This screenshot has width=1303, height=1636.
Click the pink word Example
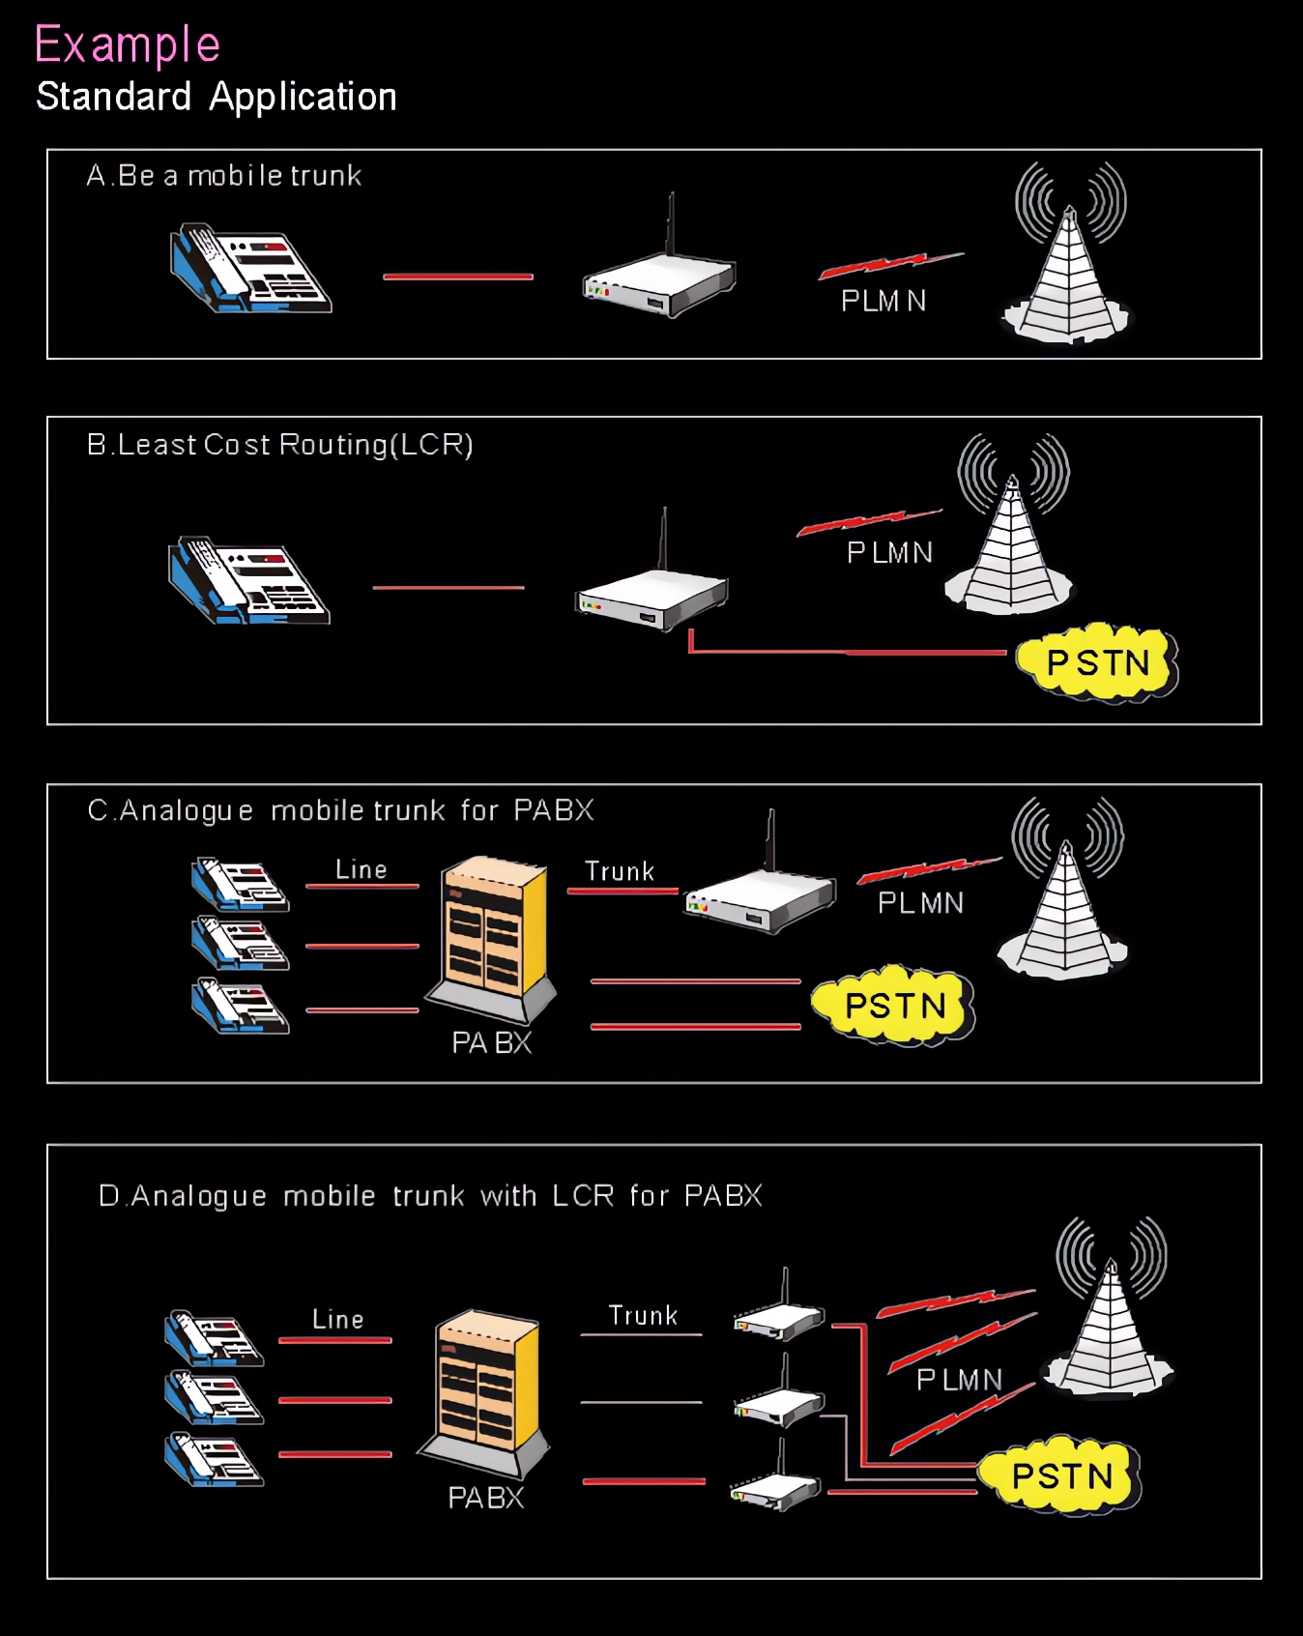pos(128,44)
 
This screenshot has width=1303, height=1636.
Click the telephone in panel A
pos(250,268)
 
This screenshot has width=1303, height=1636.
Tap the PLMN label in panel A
pos(883,302)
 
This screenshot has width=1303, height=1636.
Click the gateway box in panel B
pos(652,595)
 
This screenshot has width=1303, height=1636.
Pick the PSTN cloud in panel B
pos(1097,663)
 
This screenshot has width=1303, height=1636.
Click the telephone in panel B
pos(248,580)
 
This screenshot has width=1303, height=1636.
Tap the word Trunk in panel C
pos(620,871)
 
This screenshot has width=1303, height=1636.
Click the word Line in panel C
pos(362,869)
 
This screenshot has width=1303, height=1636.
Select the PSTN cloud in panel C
pos(894,1006)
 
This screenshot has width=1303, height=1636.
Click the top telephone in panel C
pos(240,884)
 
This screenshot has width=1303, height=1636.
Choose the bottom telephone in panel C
pos(240,1006)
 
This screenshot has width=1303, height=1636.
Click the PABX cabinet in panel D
pos(486,1392)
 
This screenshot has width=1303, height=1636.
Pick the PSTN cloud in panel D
pos(1061,1476)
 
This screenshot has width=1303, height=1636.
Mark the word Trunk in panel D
pos(643,1316)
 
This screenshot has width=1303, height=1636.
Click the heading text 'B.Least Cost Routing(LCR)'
pos(280,445)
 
